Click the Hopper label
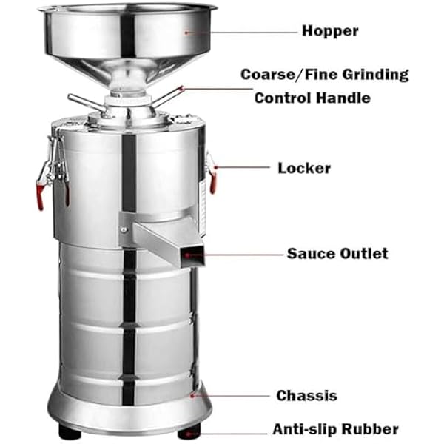(330, 31)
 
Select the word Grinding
(375, 75)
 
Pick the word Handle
(343, 98)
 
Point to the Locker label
(304, 168)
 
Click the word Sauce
(311, 253)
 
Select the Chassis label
(307, 396)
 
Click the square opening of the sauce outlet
(192, 256)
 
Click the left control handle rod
(87, 103)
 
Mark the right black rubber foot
(189, 431)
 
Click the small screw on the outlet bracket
(124, 229)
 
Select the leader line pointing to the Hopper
(241, 33)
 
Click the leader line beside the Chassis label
(230, 396)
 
